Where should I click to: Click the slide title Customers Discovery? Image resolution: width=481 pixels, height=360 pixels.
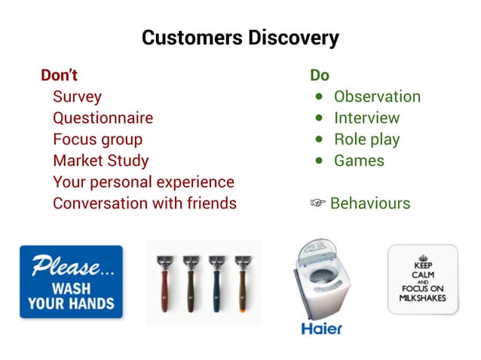240,38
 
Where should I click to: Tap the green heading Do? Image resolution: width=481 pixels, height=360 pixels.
320,75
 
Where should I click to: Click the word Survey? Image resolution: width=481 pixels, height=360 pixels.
77,96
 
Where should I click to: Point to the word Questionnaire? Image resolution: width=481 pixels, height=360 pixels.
103,118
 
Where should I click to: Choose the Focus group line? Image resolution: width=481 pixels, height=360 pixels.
97,139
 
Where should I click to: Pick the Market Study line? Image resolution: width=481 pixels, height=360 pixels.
100,160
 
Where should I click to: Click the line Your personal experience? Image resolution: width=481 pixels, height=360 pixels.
143,182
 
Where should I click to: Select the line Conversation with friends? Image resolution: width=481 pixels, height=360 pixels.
144,203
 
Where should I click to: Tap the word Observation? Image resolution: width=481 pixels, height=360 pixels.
377,96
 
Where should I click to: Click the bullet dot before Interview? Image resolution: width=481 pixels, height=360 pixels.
320,118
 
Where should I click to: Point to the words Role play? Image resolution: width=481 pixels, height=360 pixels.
366,139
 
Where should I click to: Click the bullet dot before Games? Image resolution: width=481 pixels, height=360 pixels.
320,160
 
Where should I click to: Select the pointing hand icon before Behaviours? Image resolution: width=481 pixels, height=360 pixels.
318,203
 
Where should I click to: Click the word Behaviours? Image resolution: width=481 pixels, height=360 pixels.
370,203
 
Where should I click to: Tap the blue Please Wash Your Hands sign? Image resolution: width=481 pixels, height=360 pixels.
71,282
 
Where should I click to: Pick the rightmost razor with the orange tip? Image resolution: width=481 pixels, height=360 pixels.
241,282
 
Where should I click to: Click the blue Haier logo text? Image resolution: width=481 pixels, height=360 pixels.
321,328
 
